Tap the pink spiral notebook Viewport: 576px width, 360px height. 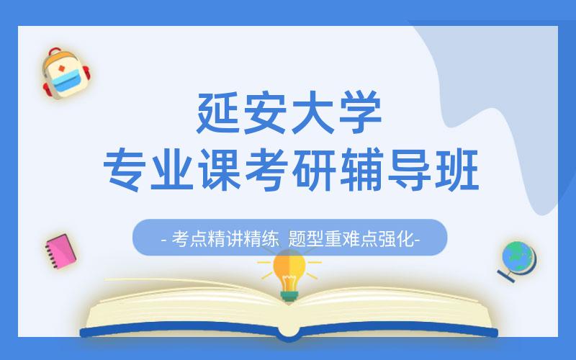[60, 251]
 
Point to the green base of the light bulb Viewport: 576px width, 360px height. [289, 296]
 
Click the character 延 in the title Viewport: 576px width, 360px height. [219, 112]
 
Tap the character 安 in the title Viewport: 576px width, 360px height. [265, 112]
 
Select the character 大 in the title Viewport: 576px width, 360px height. [312, 112]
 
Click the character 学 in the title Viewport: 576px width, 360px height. [360, 112]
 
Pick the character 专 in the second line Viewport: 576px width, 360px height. [125, 169]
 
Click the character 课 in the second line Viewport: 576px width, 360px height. [220, 169]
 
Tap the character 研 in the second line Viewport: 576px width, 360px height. [314, 169]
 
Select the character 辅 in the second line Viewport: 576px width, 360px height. [361, 169]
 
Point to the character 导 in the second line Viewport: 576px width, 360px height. [409, 169]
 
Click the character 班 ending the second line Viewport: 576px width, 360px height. [456, 169]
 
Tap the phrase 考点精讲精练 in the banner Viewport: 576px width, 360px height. [225, 239]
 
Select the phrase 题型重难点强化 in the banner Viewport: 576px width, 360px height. [351, 239]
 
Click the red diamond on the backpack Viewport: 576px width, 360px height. [62, 69]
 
